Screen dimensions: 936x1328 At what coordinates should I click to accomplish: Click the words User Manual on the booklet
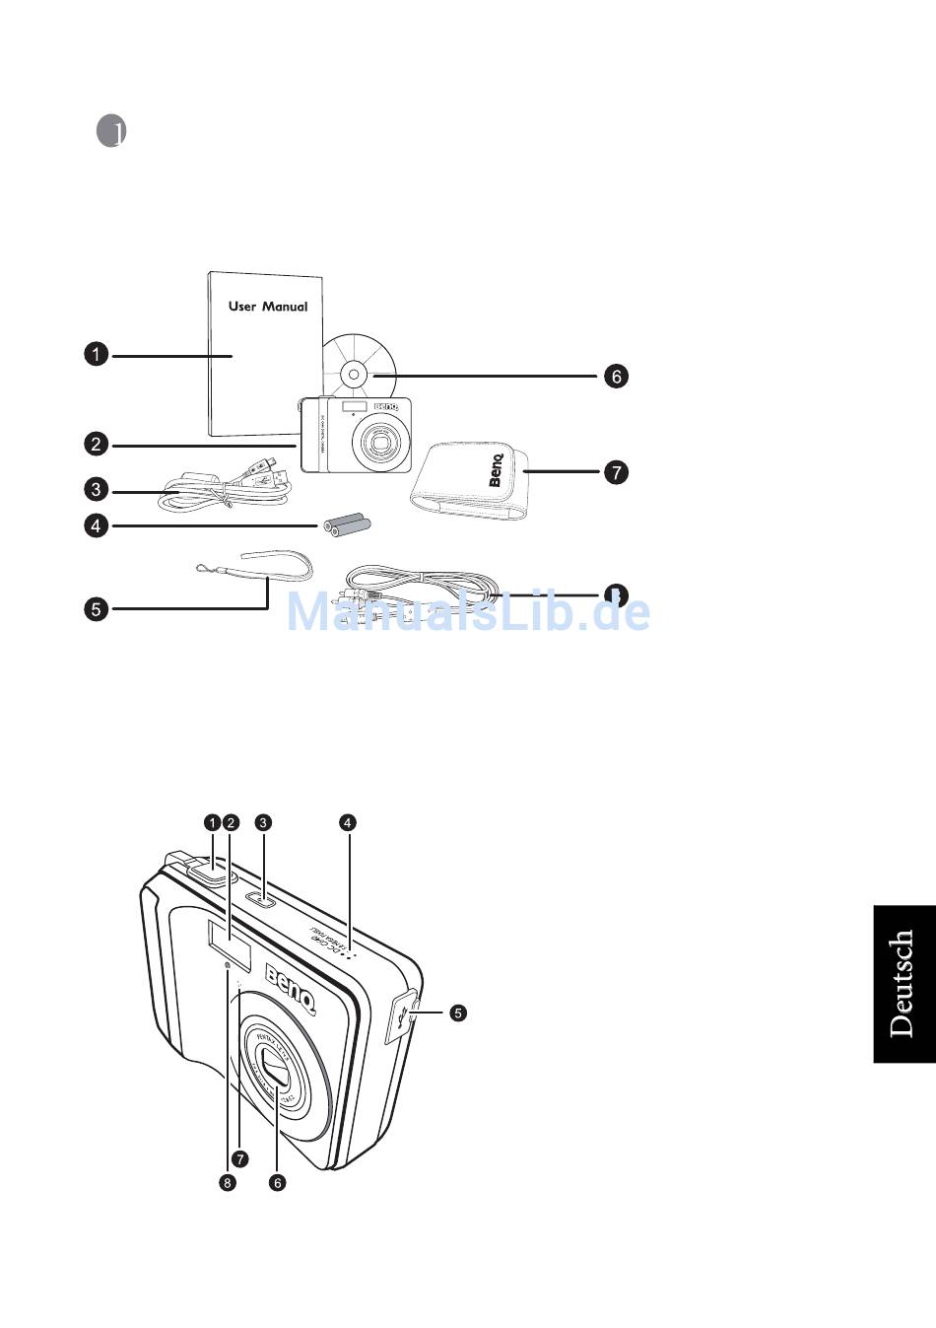(268, 307)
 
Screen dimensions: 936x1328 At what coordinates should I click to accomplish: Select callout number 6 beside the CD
(616, 376)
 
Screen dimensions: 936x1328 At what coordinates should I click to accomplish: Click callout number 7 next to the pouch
(616, 472)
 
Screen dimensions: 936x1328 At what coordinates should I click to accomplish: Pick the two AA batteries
(348, 524)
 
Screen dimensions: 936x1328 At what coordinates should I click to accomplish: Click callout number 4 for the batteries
(96, 525)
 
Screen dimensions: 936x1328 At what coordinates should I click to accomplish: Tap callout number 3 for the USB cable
(96, 489)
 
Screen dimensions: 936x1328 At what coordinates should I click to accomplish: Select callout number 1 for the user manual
(96, 354)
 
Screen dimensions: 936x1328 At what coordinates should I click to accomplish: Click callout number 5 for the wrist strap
(96, 609)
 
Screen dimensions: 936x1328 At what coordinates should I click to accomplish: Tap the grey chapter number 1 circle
(112, 131)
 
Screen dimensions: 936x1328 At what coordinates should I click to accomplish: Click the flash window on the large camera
(229, 942)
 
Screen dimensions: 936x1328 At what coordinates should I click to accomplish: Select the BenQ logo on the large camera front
(291, 990)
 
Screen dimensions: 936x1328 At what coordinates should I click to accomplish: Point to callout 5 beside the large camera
(458, 1013)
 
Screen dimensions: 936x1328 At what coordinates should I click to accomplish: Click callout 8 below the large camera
(229, 1183)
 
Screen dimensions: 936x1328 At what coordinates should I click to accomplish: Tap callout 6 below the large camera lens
(278, 1183)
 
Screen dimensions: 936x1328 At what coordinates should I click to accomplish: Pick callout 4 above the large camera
(347, 821)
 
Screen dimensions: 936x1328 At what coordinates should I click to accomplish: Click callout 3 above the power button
(263, 821)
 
